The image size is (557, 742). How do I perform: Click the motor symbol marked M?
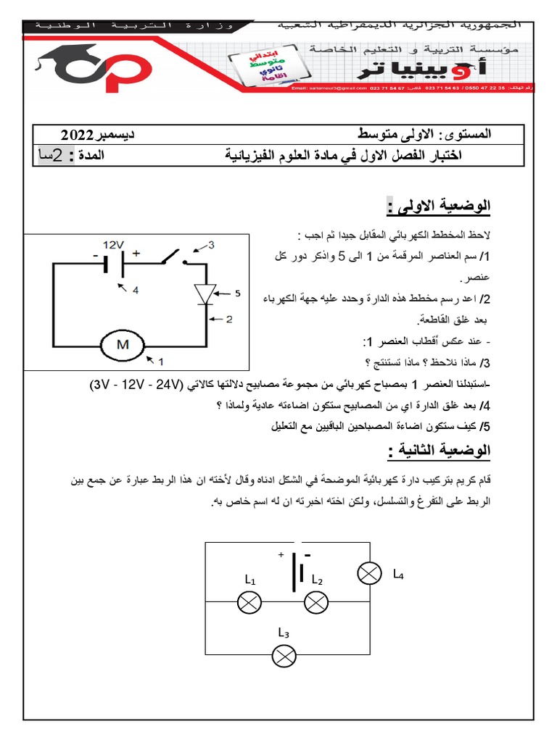(117, 345)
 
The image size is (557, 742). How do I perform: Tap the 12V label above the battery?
(115, 245)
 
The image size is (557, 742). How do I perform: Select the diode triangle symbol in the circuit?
(206, 294)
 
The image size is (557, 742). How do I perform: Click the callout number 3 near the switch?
(211, 245)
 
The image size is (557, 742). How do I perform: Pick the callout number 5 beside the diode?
(236, 293)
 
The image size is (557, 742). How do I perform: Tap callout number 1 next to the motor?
(161, 360)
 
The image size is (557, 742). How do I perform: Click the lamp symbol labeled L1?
(250, 601)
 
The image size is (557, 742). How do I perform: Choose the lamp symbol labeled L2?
(316, 601)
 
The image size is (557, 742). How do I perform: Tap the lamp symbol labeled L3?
(284, 656)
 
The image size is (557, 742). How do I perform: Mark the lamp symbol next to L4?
(368, 575)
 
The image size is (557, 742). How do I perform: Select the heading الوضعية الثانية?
(440, 451)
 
